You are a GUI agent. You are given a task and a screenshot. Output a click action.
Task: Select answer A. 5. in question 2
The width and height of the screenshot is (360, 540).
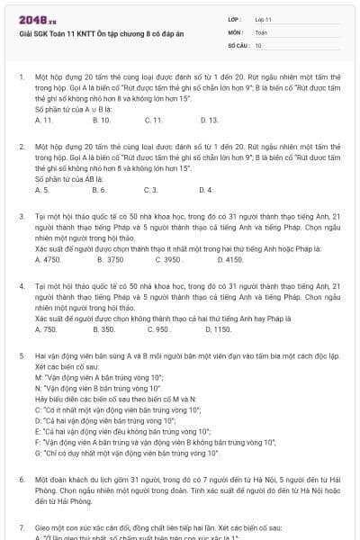coord(41,190)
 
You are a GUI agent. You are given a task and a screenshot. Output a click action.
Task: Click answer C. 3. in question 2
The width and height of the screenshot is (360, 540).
coord(150,190)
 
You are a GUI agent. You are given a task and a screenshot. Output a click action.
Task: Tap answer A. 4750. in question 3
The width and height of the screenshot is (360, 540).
coord(47,259)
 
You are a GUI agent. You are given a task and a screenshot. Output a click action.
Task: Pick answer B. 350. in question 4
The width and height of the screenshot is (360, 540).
coord(102,329)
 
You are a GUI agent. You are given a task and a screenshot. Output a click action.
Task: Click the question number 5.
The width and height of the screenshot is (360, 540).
coord(21,356)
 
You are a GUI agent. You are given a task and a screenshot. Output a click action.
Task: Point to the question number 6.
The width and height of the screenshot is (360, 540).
coord(21,481)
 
